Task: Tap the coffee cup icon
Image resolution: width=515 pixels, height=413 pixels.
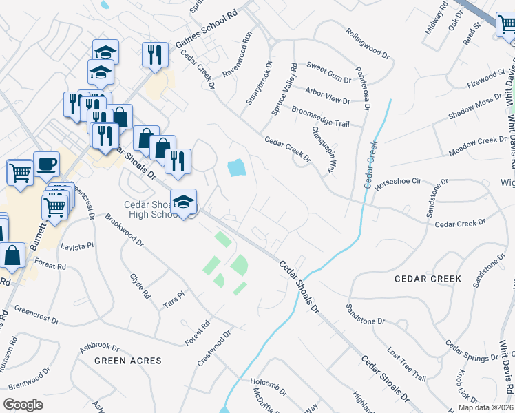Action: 46,164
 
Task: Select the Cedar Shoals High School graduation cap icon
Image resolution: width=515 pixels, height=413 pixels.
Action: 183,202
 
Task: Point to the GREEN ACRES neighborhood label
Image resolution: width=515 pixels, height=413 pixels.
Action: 128,361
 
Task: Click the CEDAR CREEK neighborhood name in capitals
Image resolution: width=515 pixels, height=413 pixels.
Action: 428,279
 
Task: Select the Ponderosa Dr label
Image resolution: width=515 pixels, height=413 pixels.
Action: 362,89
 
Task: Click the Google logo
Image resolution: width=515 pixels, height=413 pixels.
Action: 23,405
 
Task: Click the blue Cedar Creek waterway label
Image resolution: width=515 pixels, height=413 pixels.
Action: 371,165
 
